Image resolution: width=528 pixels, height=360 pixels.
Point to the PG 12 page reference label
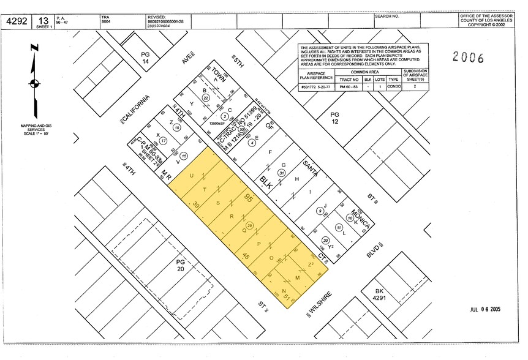pos(334,118)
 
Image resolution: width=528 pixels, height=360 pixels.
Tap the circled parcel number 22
pos(206,97)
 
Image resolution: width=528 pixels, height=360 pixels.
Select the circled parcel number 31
pos(281,173)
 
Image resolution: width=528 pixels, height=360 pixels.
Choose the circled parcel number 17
pos(164,140)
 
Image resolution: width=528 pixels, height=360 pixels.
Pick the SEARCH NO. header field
pos(387,16)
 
